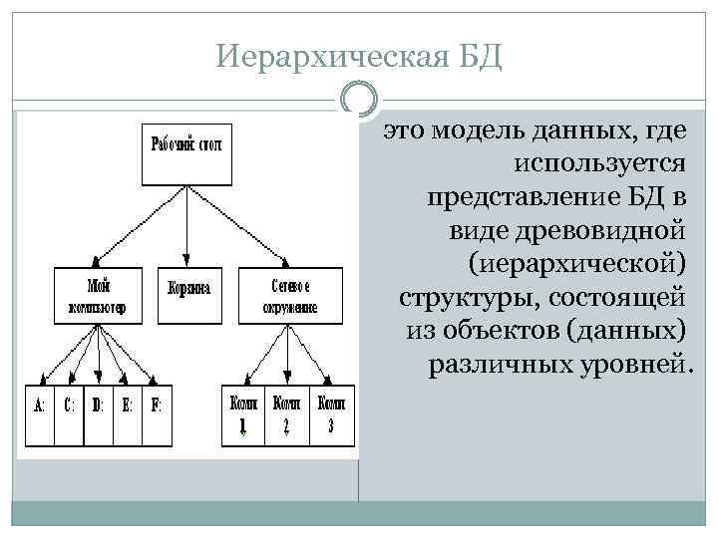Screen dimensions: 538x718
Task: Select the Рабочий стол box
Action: [187, 154]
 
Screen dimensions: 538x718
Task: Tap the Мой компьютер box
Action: [98, 294]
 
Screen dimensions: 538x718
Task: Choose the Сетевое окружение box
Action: [289, 294]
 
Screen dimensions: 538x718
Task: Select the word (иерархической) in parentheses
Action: [576, 264]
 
